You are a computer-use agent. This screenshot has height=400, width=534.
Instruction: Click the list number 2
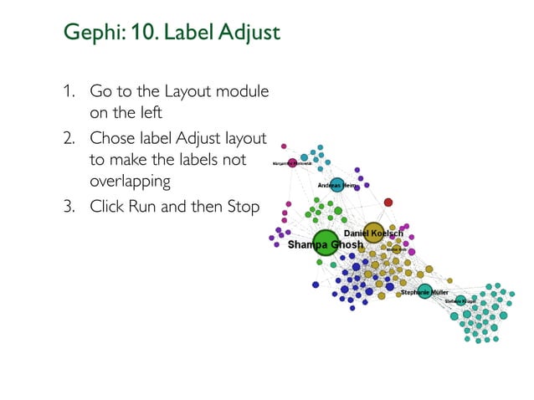(x=66, y=138)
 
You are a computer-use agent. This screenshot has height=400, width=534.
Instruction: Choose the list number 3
(x=66, y=206)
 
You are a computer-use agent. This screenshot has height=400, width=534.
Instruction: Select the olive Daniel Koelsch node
(x=373, y=233)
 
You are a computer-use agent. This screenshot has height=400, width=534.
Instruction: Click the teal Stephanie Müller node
(x=424, y=291)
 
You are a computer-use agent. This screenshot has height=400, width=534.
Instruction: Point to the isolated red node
(x=388, y=203)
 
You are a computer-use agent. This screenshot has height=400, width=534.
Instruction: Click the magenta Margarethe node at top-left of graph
(x=292, y=163)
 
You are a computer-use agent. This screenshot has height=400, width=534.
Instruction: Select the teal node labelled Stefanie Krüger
(x=460, y=300)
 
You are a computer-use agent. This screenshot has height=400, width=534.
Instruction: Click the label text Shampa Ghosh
(x=325, y=246)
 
